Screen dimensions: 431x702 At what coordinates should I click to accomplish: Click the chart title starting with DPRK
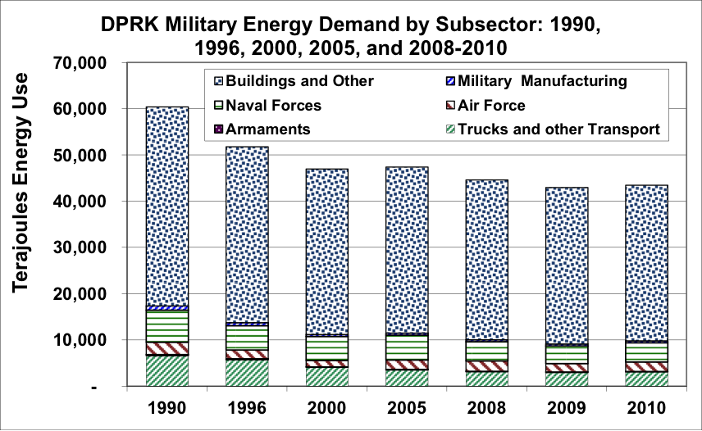pos(351,35)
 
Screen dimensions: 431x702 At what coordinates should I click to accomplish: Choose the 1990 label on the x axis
pos(166,407)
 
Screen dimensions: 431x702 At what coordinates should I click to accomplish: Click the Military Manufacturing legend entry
pos(542,81)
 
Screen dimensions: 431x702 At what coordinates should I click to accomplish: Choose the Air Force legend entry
pos(491,105)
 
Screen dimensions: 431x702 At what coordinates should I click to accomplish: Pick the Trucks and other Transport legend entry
pos(558,129)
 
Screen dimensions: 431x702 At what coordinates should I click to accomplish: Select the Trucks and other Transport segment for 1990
pos(166,370)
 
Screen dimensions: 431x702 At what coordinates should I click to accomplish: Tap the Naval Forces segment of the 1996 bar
pos(247,338)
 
